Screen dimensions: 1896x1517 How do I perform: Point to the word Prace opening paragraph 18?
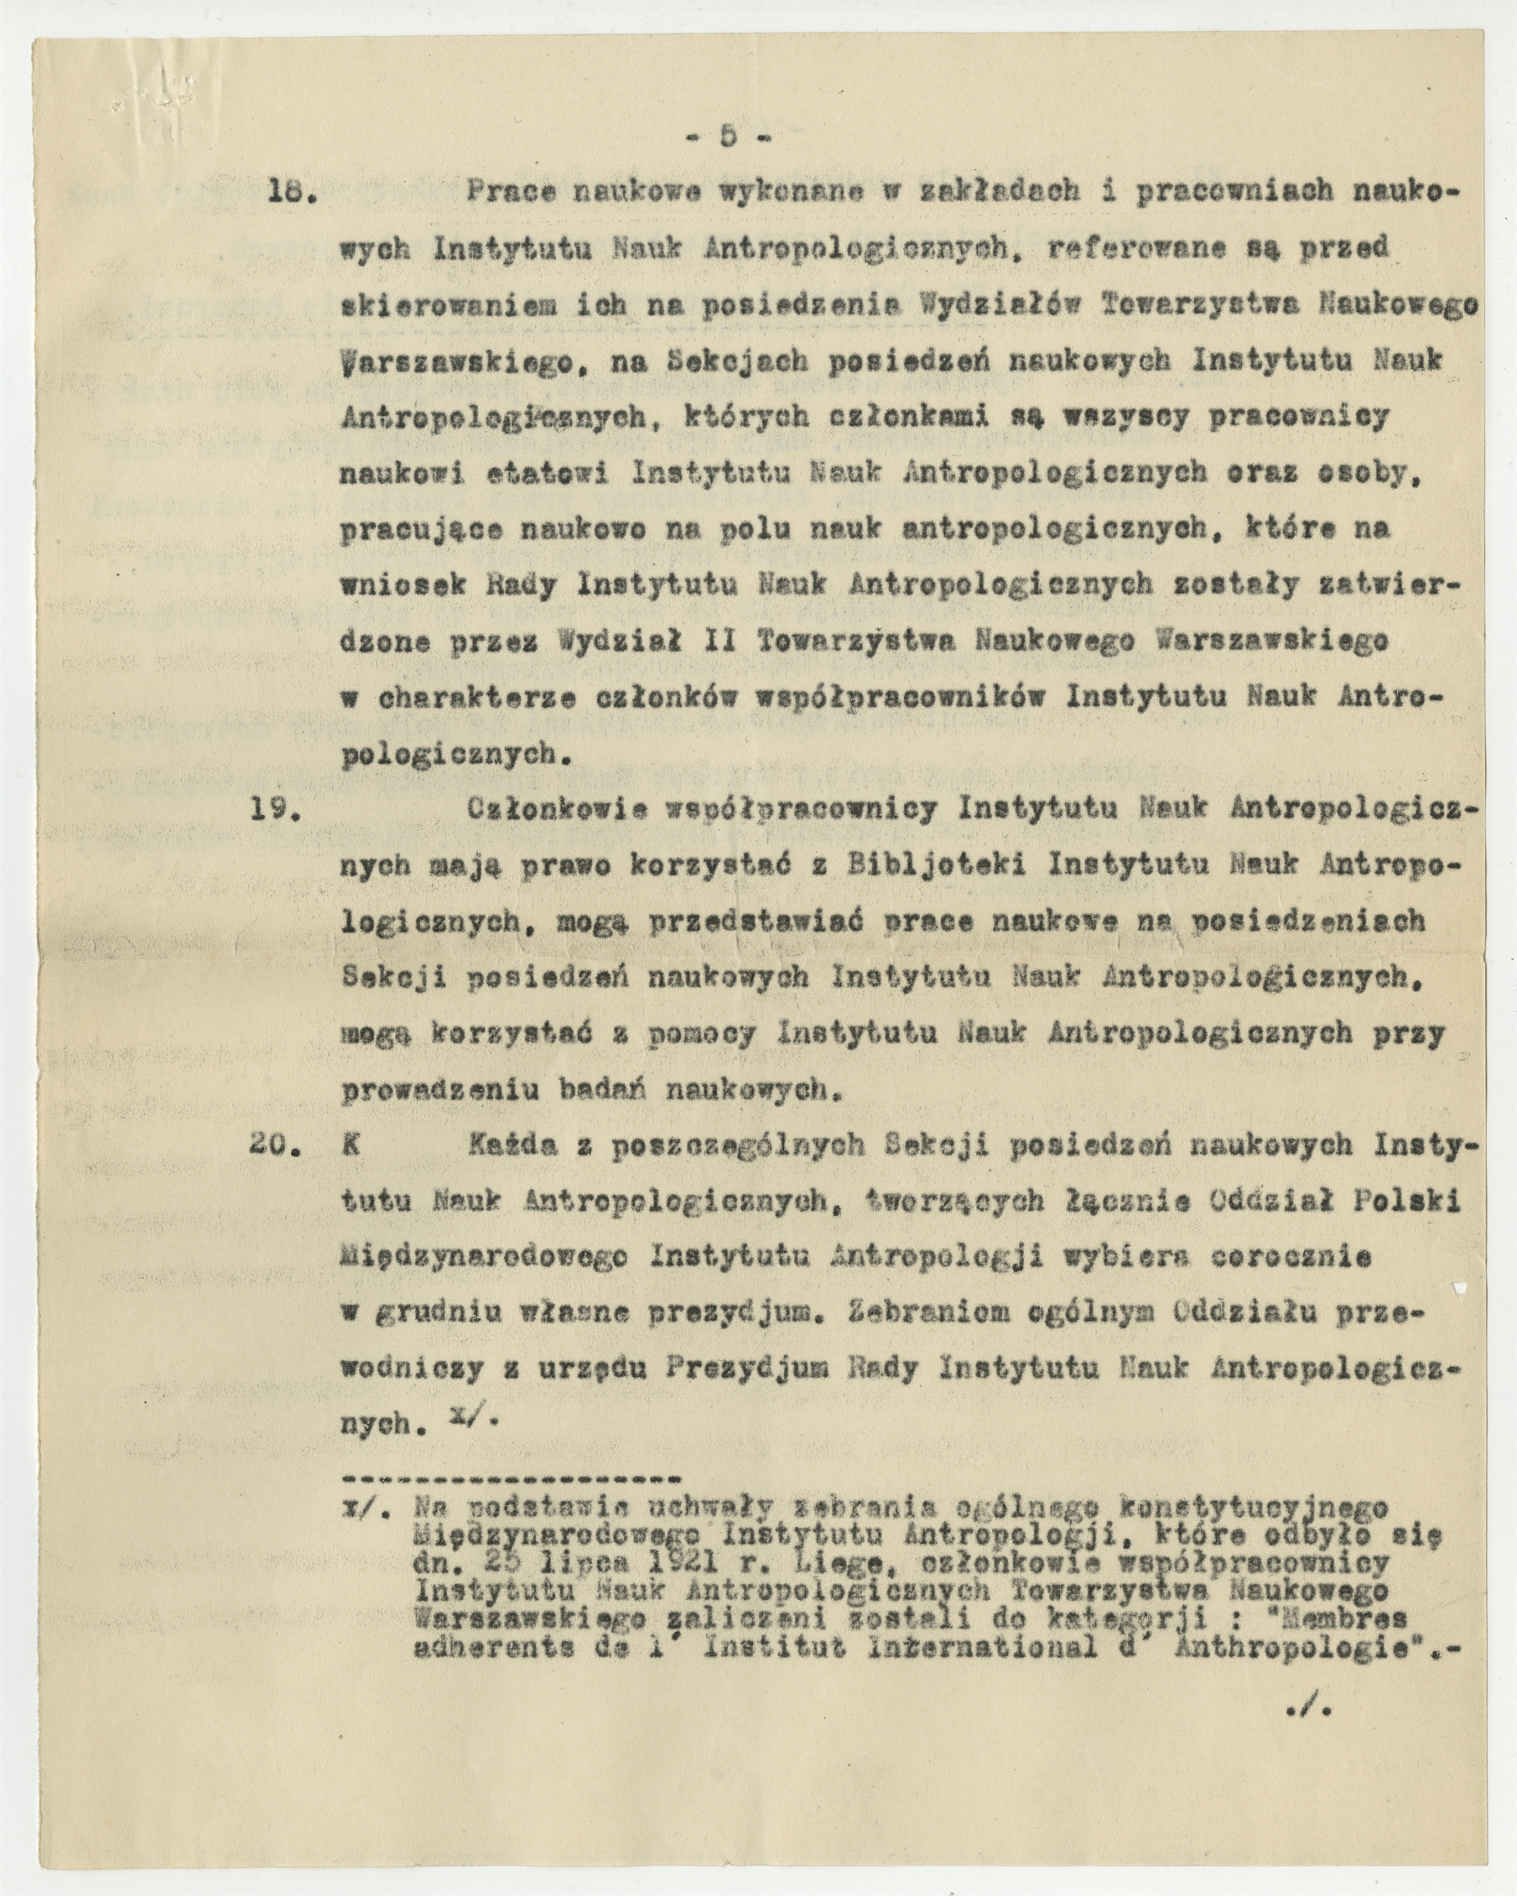510,193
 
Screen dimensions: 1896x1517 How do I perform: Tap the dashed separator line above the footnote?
511,1478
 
